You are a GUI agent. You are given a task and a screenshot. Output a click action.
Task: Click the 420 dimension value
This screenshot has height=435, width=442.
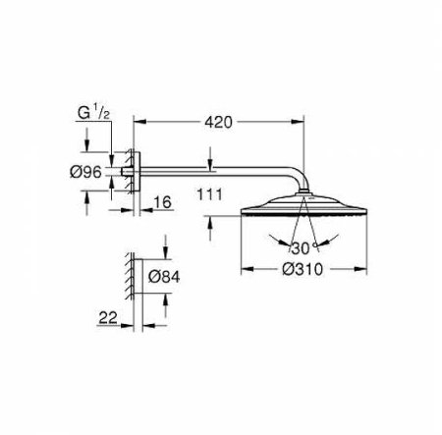click(x=218, y=122)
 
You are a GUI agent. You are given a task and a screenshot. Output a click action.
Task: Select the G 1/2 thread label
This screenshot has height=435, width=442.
click(x=93, y=113)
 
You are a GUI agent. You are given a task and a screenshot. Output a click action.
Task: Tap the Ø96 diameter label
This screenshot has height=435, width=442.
click(x=85, y=172)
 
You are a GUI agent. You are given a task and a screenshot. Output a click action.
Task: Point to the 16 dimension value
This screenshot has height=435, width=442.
click(x=162, y=202)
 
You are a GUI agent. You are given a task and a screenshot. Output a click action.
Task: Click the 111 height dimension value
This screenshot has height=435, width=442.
click(x=209, y=194)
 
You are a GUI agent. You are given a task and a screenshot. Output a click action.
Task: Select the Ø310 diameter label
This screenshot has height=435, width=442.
click(x=303, y=269)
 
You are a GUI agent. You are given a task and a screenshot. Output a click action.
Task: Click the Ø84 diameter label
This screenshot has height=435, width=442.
click(x=164, y=277)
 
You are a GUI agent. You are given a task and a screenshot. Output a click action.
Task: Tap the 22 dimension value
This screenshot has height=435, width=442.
click(x=108, y=317)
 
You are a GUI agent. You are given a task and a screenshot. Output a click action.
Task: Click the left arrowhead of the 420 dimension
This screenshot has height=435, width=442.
click(x=139, y=122)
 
